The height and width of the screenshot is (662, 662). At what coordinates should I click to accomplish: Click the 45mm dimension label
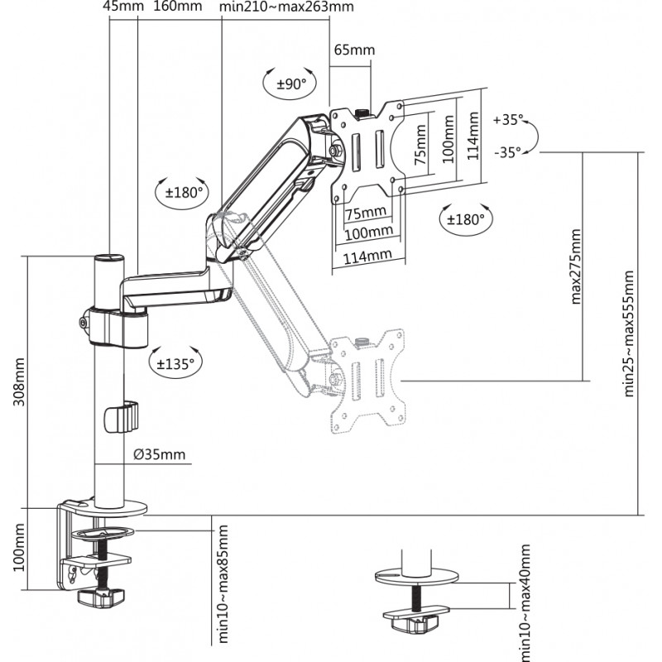pos(123,7)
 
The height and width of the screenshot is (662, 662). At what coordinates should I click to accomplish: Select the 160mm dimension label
pos(177,7)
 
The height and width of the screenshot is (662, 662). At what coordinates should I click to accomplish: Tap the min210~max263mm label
pos(286,7)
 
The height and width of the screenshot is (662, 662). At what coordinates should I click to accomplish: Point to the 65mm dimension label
pos(354,50)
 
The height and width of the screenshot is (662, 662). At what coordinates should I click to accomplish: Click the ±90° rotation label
pos(291,84)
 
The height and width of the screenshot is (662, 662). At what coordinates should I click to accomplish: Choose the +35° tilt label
pos(508,120)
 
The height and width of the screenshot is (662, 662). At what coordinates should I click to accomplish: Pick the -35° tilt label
pos(507,152)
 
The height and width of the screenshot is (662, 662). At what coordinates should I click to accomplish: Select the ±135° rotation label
pos(175,363)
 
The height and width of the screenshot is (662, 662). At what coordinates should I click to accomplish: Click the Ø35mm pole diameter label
pos(159,454)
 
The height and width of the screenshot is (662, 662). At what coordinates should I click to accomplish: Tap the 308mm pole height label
pos(19,381)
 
